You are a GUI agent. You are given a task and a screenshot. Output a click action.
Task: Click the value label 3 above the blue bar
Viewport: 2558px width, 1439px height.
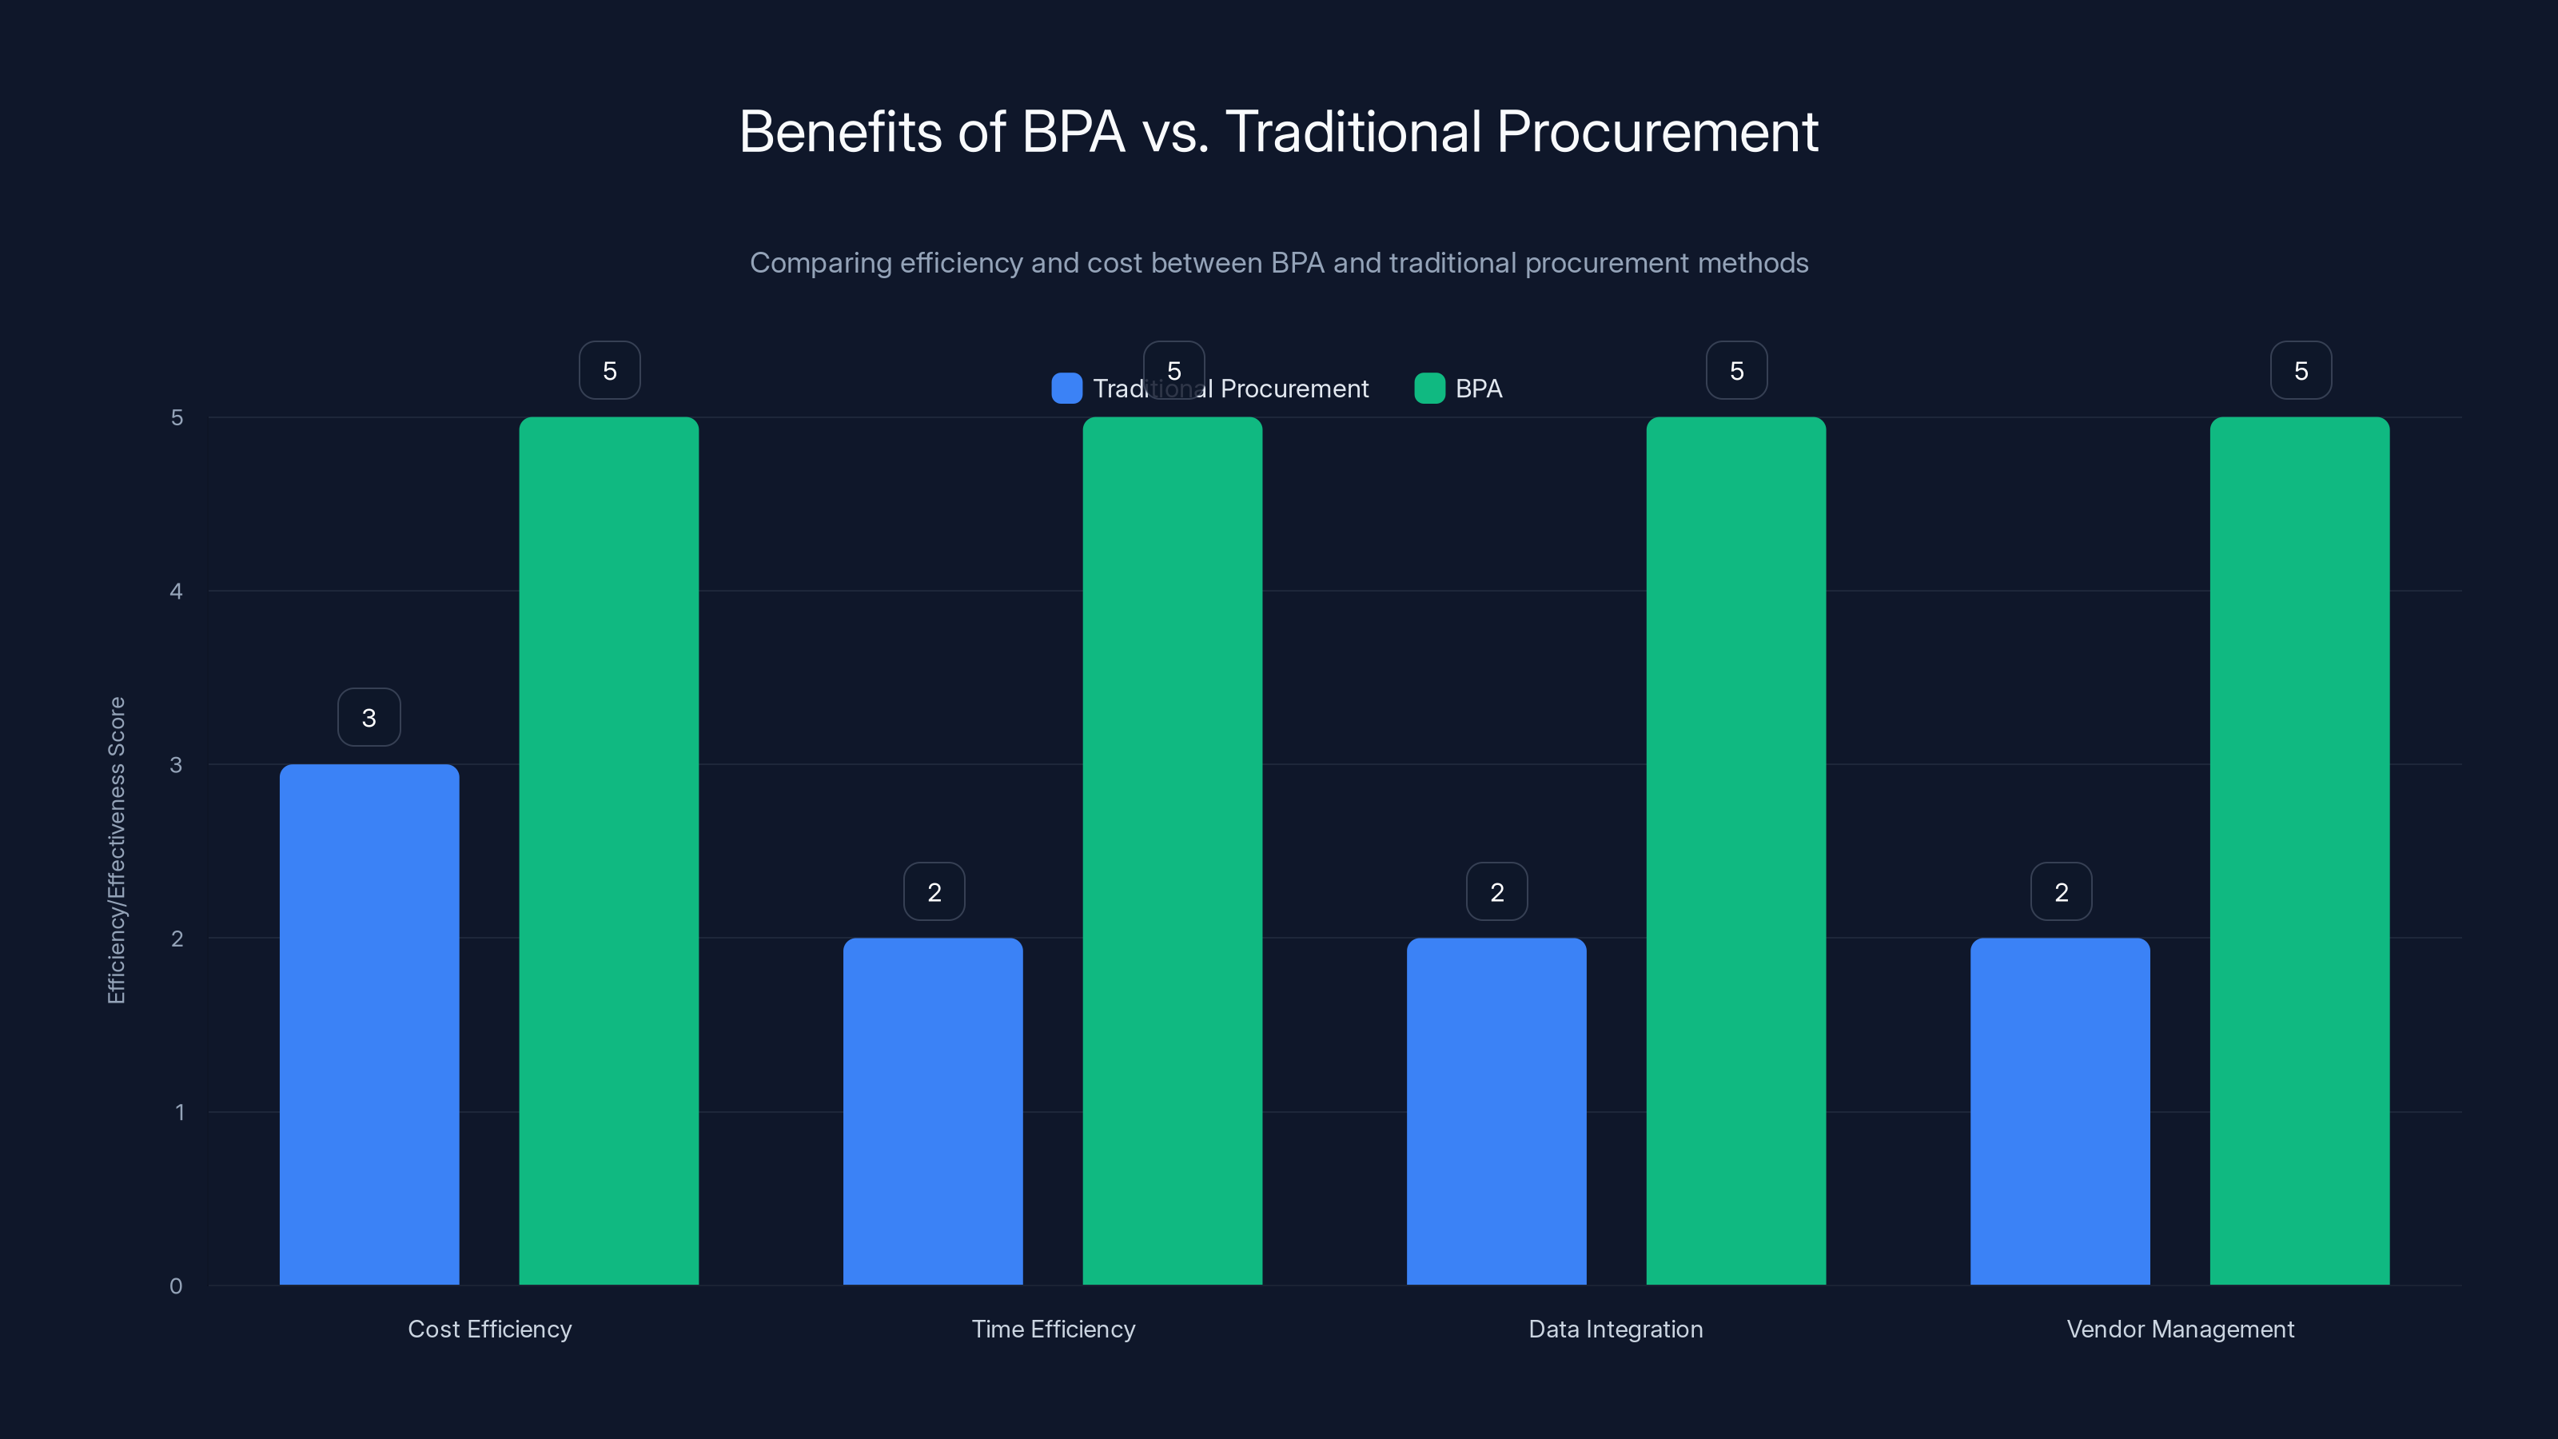point(369,717)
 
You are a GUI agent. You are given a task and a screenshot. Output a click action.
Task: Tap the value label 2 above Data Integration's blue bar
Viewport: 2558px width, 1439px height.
point(1496,892)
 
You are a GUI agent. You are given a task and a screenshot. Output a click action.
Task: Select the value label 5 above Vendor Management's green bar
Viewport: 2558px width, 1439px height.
point(2300,370)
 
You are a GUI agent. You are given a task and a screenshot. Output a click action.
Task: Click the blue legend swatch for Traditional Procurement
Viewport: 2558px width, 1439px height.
point(1066,389)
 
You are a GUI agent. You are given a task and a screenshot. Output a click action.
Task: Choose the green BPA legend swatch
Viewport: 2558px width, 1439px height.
point(1429,389)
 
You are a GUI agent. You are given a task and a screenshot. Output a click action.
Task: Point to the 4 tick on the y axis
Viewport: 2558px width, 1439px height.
point(177,591)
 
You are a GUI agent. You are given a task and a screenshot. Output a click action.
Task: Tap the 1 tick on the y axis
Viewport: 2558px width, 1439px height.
point(180,1111)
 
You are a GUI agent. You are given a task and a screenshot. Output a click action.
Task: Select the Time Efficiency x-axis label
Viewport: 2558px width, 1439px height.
point(1053,1329)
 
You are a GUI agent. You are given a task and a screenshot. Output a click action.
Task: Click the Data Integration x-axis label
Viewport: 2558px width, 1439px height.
point(1615,1329)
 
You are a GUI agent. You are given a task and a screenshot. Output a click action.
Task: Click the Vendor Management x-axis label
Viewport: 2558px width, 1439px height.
point(2180,1329)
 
